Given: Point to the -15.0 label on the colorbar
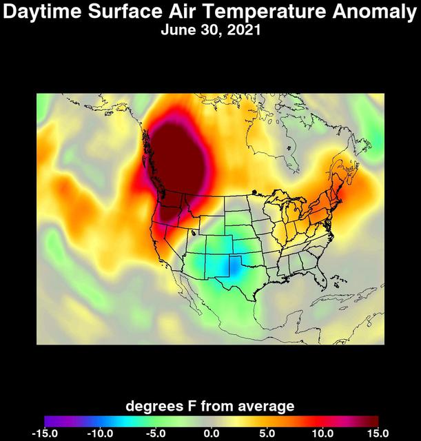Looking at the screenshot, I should (44, 433).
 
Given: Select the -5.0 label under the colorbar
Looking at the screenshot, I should (156, 433).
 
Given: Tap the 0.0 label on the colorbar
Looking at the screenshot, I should (212, 433).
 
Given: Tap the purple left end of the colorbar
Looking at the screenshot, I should (50, 421).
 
